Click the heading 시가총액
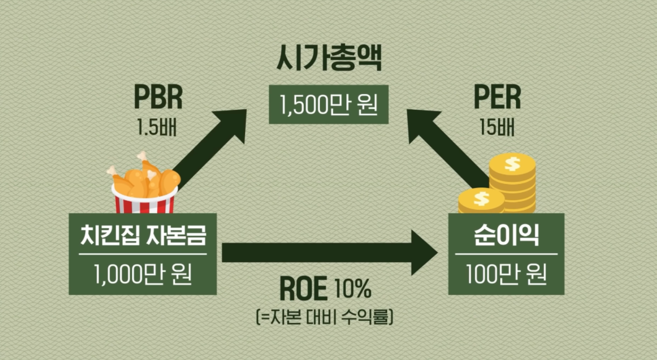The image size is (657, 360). tap(329, 58)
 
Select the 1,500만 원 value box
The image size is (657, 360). tap(329, 104)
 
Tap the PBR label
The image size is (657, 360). tap(158, 97)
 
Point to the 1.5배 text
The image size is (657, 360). tap(157, 127)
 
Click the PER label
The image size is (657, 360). tap(497, 97)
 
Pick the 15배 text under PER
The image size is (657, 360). tap(497, 127)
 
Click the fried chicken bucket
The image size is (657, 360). tap(144, 182)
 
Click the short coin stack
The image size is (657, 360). tap(481, 201)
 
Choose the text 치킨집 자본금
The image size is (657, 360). tap(143, 235)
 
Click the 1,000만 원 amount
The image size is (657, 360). tap(143, 274)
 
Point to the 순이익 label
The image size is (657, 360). tap(507, 235)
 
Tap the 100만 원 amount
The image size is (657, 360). tap(507, 274)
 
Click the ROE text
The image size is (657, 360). tap(303, 289)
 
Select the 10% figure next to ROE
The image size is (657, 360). tap(353, 288)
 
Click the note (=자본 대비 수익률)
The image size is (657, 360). tap(324, 316)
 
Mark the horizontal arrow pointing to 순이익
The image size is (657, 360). tap(330, 252)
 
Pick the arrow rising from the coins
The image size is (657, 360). tap(448, 148)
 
